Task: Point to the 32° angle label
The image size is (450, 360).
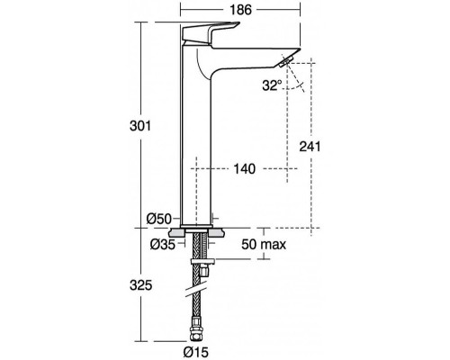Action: click(271, 85)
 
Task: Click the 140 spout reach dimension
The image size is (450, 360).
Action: click(242, 167)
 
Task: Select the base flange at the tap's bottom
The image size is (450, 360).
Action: click(198, 224)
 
